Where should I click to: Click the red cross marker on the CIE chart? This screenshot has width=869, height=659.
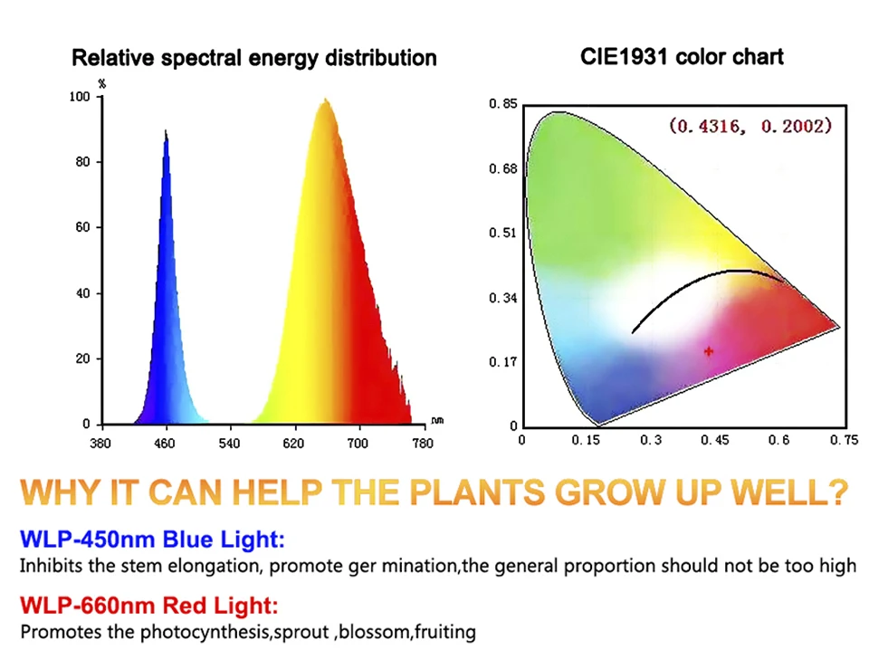pyautogui.click(x=709, y=350)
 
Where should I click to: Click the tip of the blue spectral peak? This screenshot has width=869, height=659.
pyautogui.click(x=166, y=131)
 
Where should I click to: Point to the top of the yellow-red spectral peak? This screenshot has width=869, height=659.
pyautogui.click(x=325, y=100)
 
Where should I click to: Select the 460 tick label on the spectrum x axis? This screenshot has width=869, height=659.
pyautogui.click(x=165, y=444)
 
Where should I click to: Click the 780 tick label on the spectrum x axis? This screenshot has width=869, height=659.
pyautogui.click(x=423, y=444)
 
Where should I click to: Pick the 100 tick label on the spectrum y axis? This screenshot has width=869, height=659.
pyautogui.click(x=81, y=97)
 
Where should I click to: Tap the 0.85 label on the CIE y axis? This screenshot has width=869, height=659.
pyautogui.click(x=502, y=104)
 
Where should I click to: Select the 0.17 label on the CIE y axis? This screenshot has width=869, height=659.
pyautogui.click(x=502, y=362)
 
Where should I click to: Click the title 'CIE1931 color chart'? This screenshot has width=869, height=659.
pyautogui.click(x=682, y=56)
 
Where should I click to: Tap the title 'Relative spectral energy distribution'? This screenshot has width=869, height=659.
pyautogui.click(x=253, y=58)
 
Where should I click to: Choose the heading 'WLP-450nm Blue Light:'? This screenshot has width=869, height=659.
pyautogui.click(x=152, y=540)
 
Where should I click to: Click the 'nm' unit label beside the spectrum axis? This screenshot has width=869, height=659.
pyautogui.click(x=437, y=421)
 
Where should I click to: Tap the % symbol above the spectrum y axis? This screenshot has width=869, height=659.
pyautogui.click(x=102, y=84)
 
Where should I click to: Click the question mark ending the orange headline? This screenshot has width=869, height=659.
pyautogui.click(x=836, y=492)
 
